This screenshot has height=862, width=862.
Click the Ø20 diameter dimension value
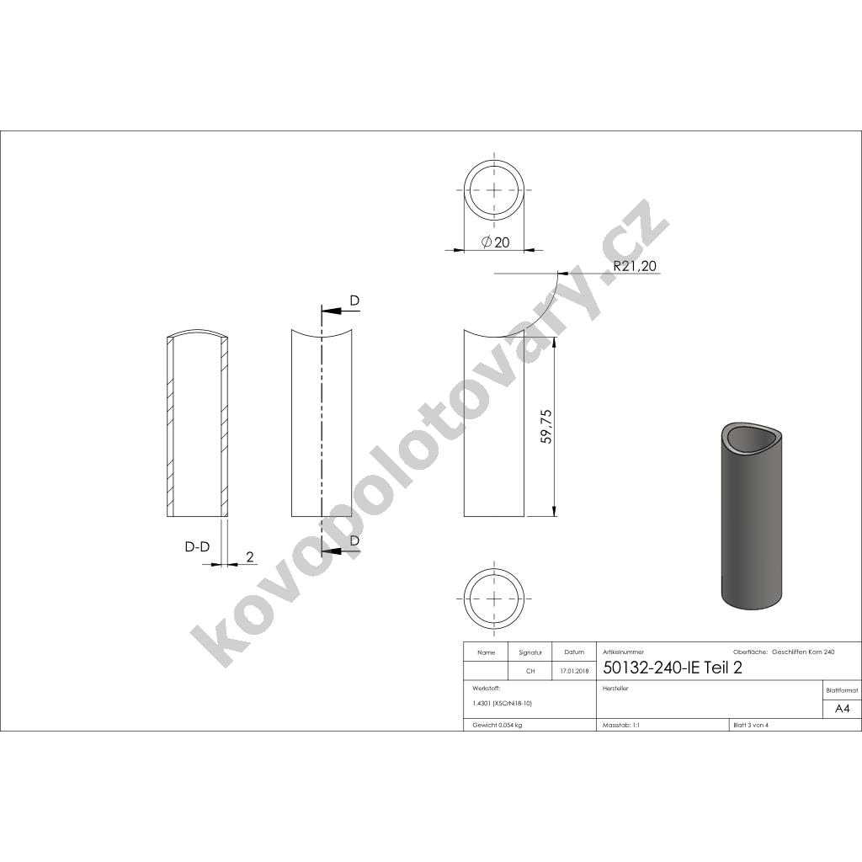point(496,242)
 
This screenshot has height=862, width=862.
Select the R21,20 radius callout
point(635,266)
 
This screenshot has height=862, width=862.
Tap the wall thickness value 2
point(249,556)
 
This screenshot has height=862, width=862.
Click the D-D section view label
point(197,547)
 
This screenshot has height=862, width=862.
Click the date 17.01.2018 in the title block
point(574,671)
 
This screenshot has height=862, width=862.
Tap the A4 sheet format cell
point(842,709)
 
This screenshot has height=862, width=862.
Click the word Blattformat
point(843,690)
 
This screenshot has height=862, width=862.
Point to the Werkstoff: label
point(487,688)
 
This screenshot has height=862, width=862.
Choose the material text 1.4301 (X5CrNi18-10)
point(503,703)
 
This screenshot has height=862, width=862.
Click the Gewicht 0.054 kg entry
point(498,725)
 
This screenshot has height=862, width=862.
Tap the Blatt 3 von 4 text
point(751,725)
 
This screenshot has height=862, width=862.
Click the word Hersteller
point(617,688)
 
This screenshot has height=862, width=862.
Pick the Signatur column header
point(530,652)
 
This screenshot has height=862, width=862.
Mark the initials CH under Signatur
point(530,671)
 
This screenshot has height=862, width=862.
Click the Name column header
point(486,652)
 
